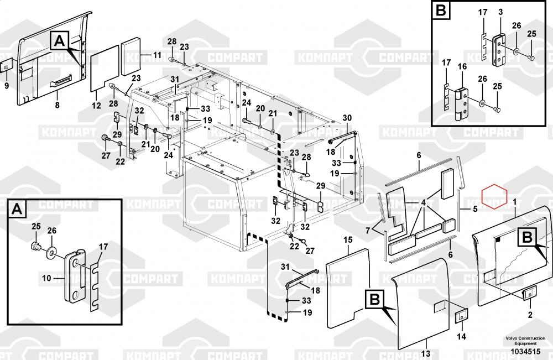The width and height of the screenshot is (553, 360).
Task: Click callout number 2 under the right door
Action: [x=530, y=316]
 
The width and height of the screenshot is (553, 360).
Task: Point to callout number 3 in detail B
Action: [x=499, y=12]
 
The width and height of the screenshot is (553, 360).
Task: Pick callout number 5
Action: [x=475, y=210]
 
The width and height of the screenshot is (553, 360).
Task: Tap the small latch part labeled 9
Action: [x=6, y=66]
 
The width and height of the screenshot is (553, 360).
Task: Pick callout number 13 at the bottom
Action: [x=425, y=353]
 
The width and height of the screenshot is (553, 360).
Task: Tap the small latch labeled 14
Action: [x=461, y=318]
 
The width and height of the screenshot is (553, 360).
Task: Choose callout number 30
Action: [x=347, y=117]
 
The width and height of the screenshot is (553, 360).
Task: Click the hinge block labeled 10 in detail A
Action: [x=76, y=278]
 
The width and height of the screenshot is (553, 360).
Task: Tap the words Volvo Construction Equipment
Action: [x=525, y=341]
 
